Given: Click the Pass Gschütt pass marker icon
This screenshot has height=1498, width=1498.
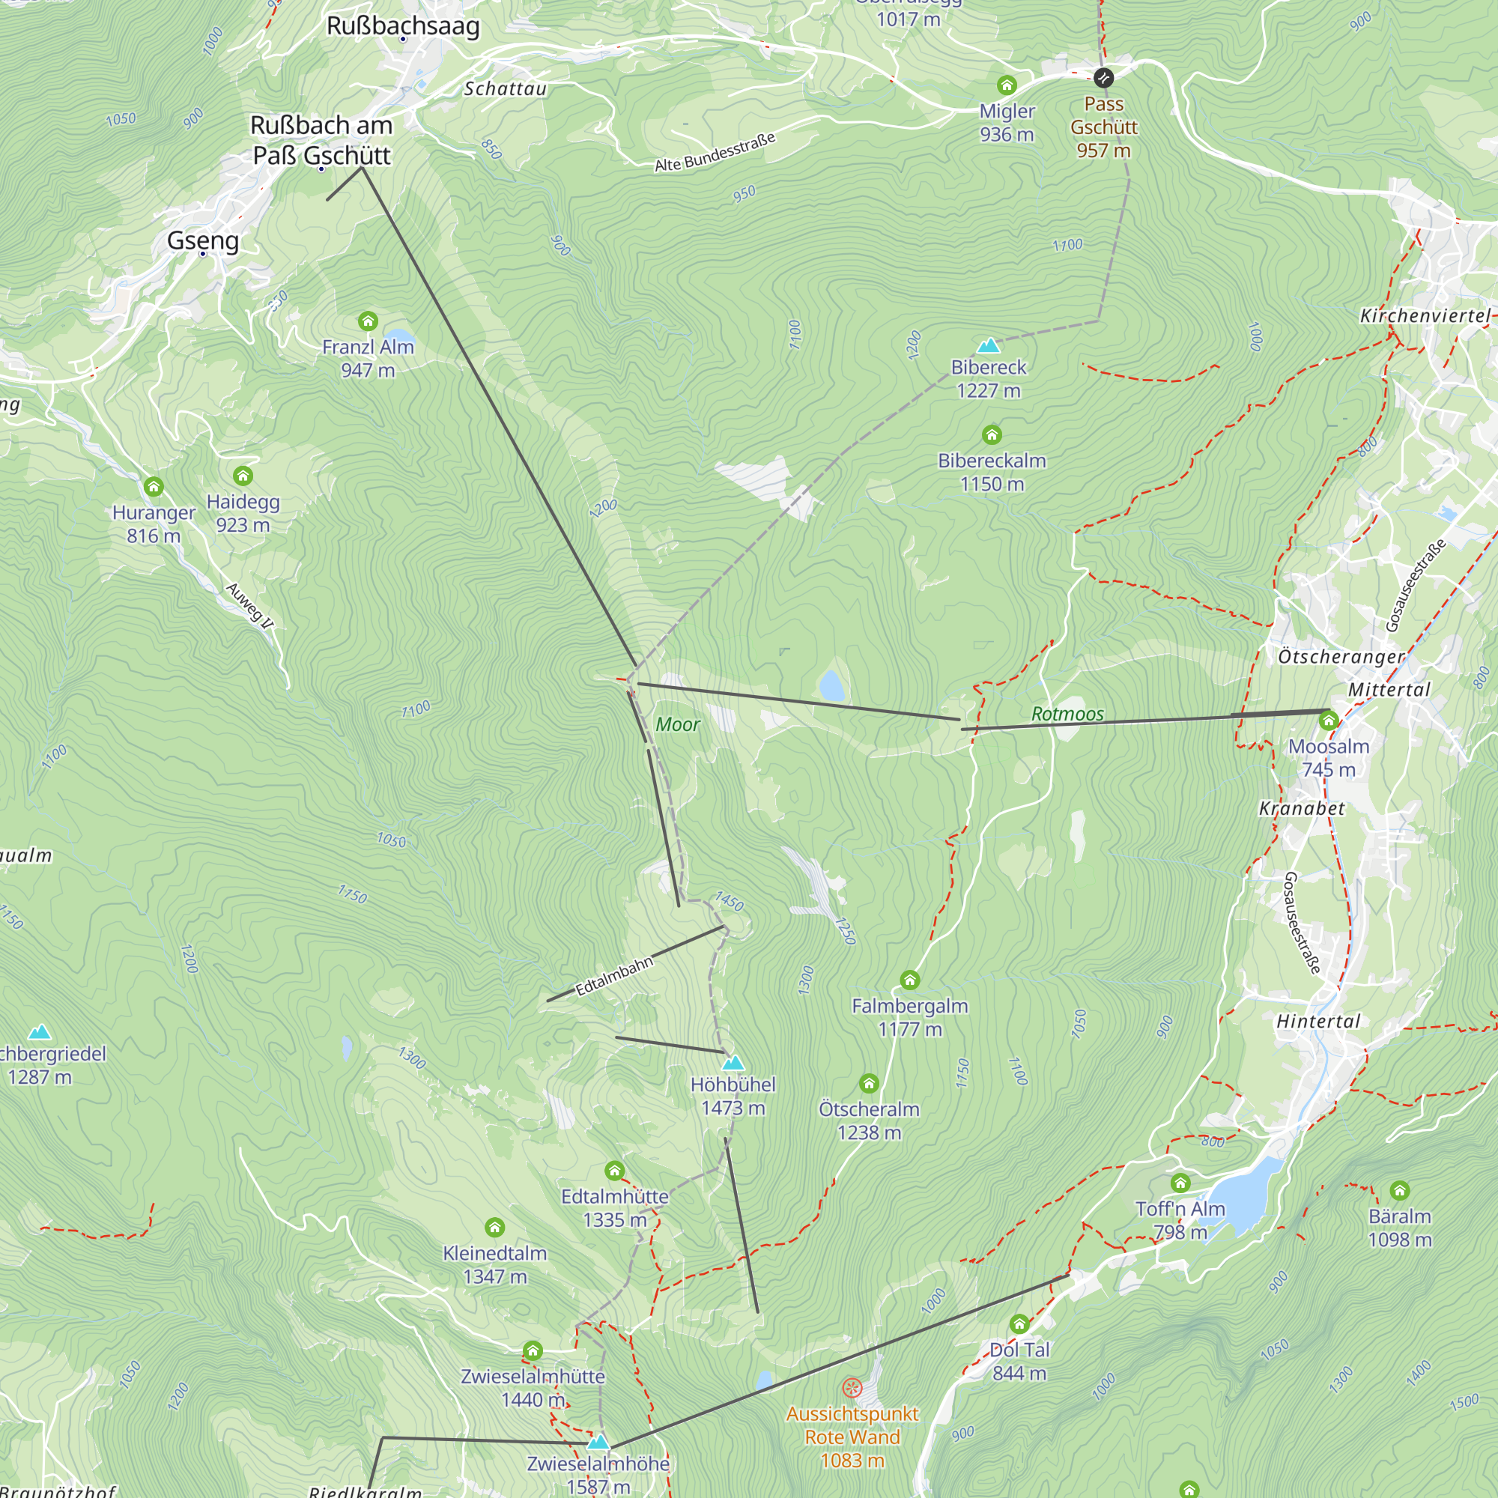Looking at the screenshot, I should click(1103, 78).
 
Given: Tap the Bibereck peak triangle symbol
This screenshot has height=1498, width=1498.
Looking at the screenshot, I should click(989, 345).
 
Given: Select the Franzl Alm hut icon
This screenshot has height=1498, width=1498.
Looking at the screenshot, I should click(368, 321).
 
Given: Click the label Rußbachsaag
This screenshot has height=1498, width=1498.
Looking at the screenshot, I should click(403, 25).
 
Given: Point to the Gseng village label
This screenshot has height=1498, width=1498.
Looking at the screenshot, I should click(203, 240).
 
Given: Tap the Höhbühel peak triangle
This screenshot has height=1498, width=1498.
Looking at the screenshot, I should click(733, 1062).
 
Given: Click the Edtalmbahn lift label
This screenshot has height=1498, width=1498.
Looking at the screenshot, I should click(614, 976).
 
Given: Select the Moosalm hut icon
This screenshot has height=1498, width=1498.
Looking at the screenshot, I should click(1328, 721).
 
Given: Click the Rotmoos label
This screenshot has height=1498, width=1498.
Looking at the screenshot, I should click(1067, 714).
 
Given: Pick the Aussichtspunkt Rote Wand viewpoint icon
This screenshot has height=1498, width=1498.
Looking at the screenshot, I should click(852, 1388).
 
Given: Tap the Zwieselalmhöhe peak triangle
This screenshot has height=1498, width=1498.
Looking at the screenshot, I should click(598, 1442).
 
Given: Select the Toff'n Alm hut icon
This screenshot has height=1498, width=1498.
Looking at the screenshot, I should click(1180, 1183).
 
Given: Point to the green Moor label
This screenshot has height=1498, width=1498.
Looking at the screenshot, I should click(678, 724).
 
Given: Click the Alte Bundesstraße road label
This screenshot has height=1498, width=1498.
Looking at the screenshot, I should click(715, 153).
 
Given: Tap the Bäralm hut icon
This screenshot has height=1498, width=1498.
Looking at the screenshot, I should click(1400, 1191).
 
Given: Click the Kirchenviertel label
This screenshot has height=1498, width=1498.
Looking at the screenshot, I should click(1425, 315).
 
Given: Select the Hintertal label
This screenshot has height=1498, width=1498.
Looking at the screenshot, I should click(1318, 1021).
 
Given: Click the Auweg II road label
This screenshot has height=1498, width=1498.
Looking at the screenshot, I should click(249, 605).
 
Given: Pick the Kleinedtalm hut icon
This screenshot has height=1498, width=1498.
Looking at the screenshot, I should click(494, 1228).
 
